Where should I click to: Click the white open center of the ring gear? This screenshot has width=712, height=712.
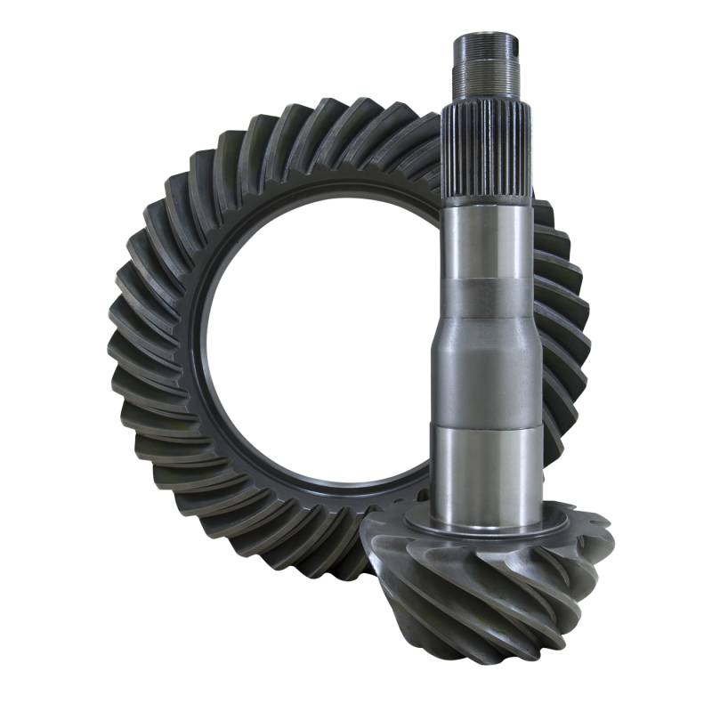[320, 338]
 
